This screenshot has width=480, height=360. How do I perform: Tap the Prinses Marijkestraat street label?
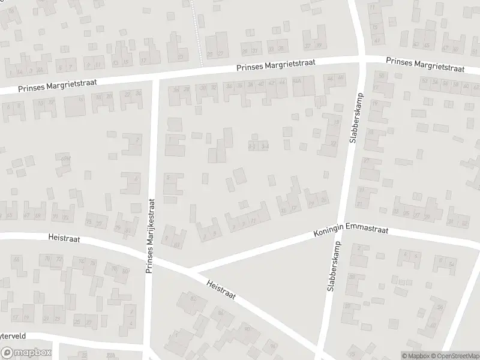coord(151,236)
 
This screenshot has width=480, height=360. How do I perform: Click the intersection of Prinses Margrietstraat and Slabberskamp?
coord(362,58)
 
